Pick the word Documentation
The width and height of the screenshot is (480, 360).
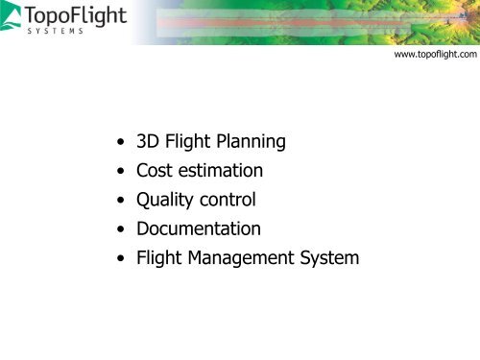(198, 230)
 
